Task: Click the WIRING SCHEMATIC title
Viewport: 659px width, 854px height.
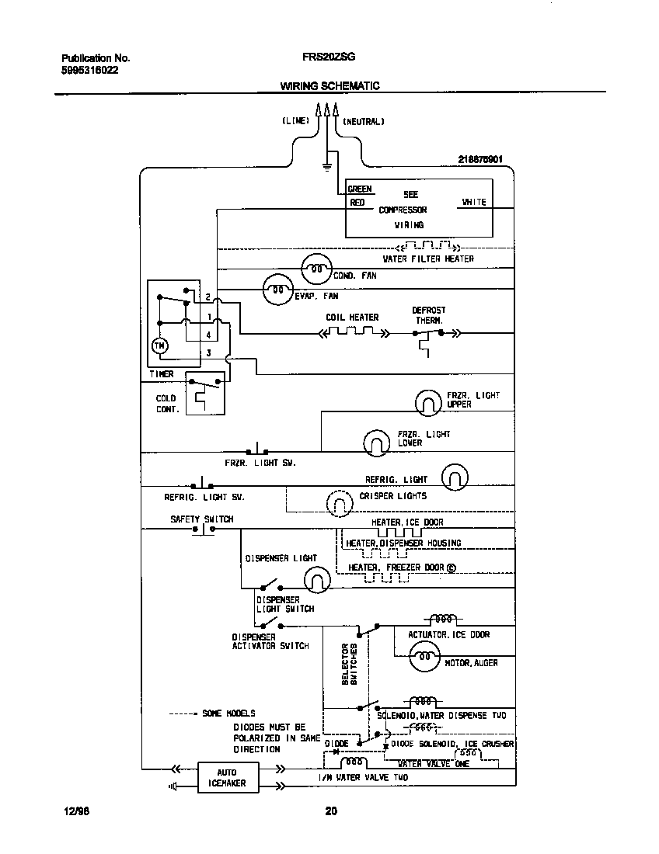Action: click(x=329, y=86)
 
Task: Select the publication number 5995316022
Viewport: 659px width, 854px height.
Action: click(x=89, y=70)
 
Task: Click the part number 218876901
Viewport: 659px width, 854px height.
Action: click(x=480, y=159)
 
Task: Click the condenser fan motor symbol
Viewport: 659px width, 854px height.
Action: click(x=316, y=269)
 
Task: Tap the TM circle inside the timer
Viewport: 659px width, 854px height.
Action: click(x=159, y=346)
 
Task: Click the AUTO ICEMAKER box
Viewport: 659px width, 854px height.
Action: click(x=226, y=778)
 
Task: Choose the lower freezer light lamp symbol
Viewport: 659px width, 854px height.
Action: click(x=376, y=442)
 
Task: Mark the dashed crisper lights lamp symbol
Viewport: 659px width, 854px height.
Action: click(x=339, y=503)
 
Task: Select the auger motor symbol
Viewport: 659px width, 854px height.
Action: click(x=424, y=659)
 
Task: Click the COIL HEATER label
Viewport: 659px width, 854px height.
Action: click(x=352, y=318)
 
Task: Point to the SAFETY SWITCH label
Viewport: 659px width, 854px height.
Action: click(x=201, y=519)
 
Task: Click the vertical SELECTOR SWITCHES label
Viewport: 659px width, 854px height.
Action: click(x=350, y=664)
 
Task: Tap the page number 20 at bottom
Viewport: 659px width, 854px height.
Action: click(x=330, y=812)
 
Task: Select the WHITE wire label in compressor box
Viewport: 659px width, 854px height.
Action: click(x=473, y=202)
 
